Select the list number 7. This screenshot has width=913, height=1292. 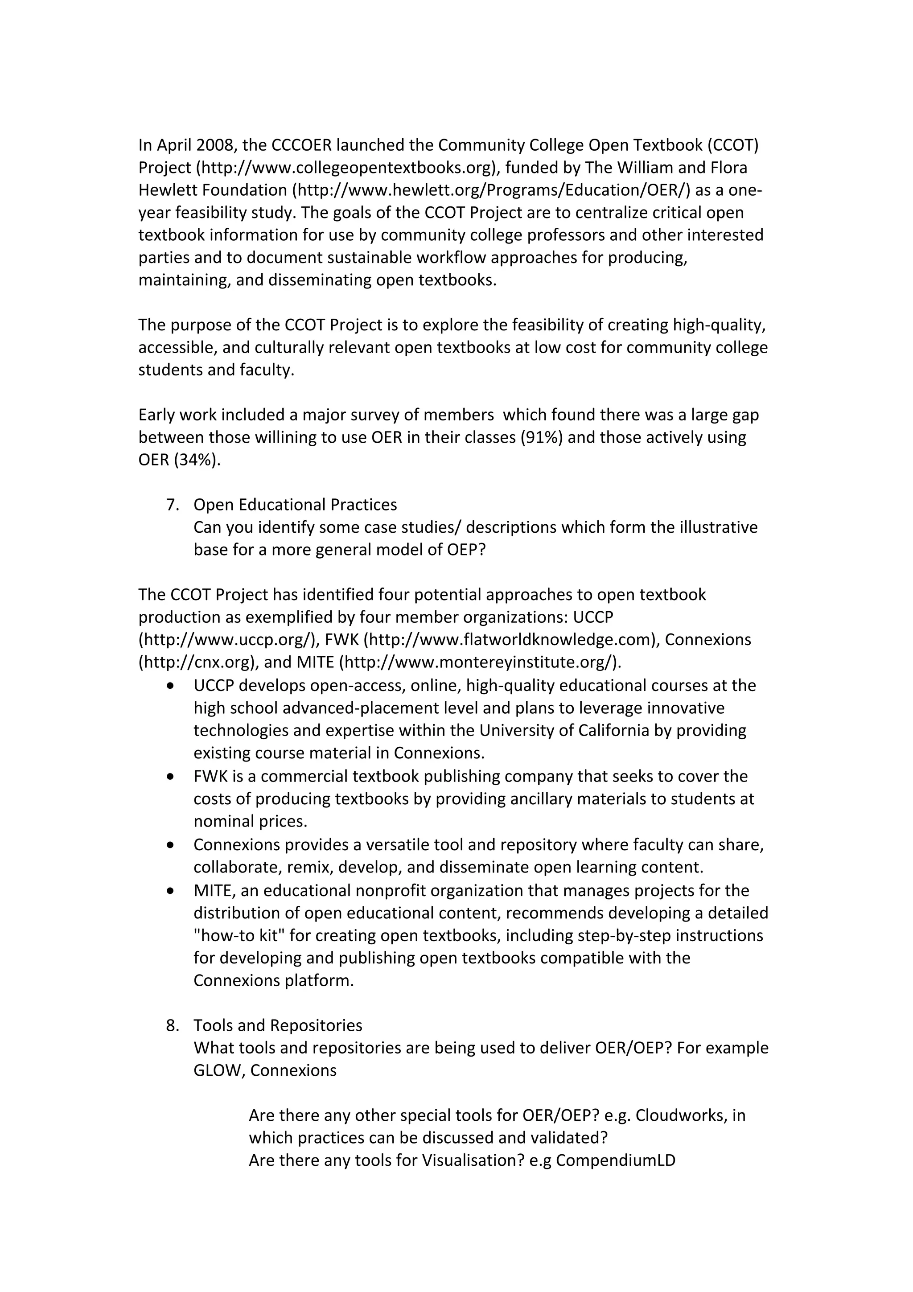click(172, 505)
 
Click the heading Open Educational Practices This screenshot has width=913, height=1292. click(295, 505)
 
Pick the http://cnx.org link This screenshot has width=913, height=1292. click(197, 662)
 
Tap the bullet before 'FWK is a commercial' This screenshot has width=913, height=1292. click(170, 777)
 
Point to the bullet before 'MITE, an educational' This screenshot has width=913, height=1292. click(170, 891)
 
